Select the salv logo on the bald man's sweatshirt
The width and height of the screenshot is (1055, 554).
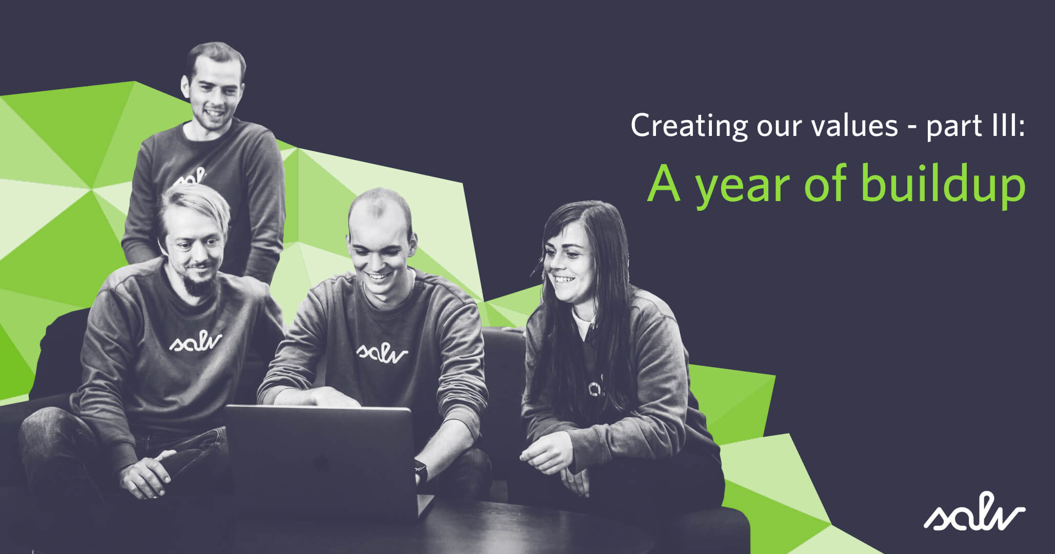[x=382, y=352]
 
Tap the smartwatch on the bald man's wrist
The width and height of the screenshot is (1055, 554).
[x=421, y=470]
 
